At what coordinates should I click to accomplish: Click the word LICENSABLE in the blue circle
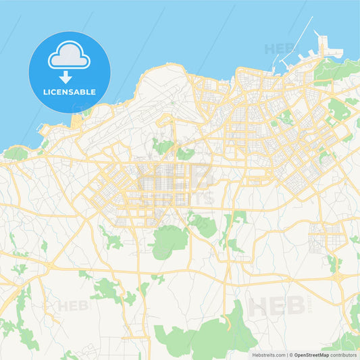click(70, 92)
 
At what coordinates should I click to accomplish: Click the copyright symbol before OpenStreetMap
click(291, 354)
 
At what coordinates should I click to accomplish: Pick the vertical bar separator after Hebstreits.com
click(287, 354)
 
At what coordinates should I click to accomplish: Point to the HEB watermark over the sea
click(278, 49)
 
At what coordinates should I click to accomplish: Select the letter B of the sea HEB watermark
click(290, 49)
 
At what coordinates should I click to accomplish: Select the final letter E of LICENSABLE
click(93, 92)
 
